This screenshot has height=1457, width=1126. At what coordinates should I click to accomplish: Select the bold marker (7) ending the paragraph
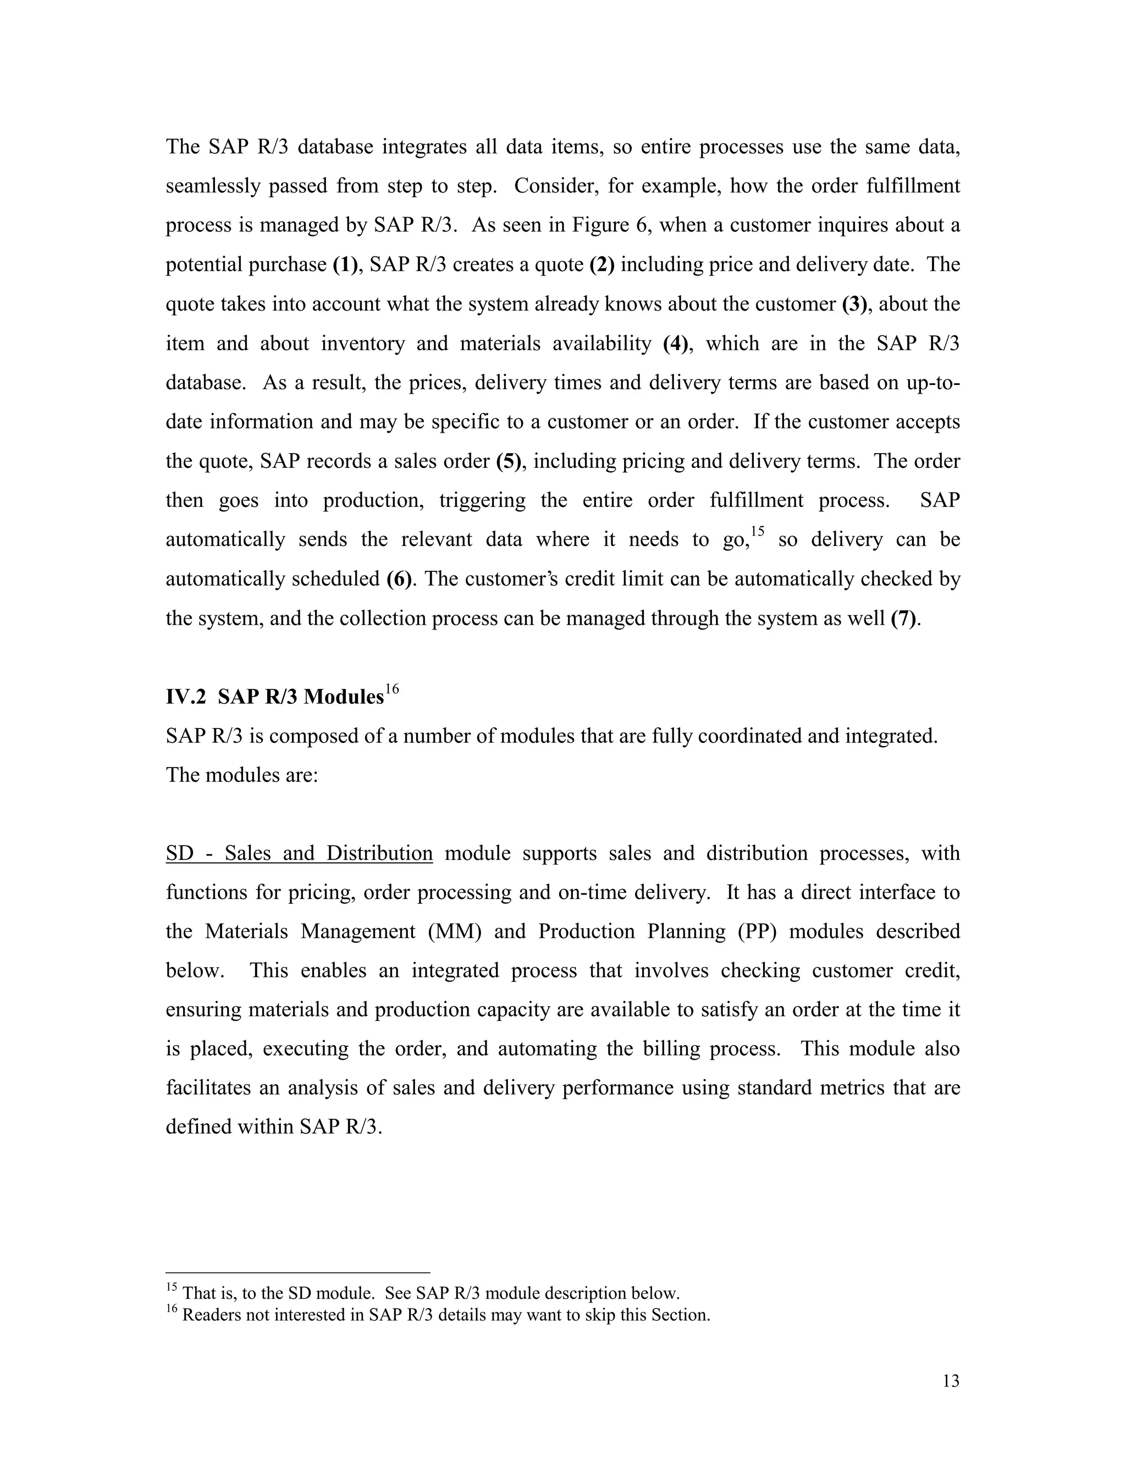coord(904,619)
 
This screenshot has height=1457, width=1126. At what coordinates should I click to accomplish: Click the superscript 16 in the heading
coord(391,689)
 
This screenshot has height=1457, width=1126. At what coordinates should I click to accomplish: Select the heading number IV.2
coord(185,697)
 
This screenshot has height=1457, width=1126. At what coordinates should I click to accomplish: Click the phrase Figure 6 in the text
coord(612,225)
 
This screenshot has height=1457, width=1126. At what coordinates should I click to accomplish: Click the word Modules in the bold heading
coord(343,697)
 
